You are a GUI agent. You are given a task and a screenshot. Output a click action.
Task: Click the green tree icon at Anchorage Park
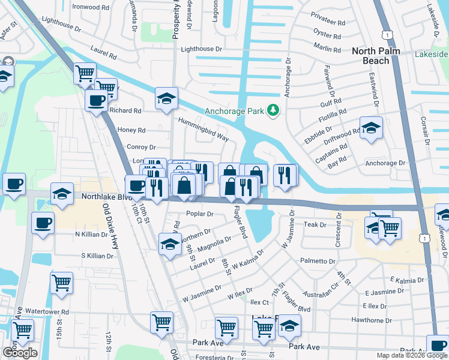tap(274, 110)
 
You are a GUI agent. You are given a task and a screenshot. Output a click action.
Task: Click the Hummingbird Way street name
tap(203, 129)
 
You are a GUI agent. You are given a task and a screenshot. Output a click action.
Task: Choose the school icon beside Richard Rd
tap(166, 99)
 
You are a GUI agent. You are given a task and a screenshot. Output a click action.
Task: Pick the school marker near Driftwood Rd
tap(372, 128)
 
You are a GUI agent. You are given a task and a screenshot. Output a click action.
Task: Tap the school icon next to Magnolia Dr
tap(170, 245)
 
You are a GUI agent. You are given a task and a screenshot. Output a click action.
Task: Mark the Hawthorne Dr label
tap(372, 320)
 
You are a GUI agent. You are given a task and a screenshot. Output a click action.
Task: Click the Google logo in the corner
tap(20, 353)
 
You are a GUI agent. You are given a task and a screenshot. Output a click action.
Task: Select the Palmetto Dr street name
tap(318, 262)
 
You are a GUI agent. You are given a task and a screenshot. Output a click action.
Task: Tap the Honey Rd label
tap(132, 130)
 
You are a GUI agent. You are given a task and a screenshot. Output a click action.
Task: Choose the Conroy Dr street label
tap(141, 147)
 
